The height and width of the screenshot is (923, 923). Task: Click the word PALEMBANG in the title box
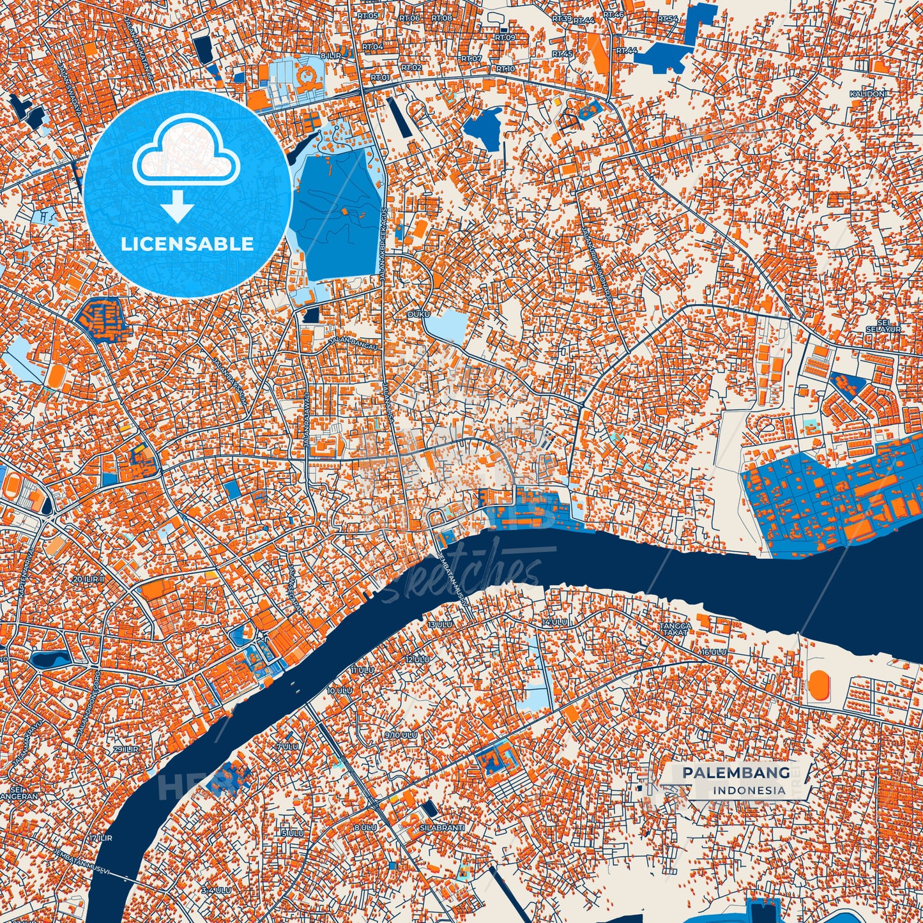(x=735, y=773)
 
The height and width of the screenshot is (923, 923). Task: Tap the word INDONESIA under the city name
(x=749, y=790)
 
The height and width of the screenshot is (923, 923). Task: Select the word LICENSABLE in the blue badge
(x=187, y=244)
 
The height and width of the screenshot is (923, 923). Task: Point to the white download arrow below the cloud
(x=178, y=206)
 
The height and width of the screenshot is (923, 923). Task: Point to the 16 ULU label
(x=713, y=652)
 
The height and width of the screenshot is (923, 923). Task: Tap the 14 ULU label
(x=554, y=622)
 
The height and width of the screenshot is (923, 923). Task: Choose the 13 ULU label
(x=440, y=624)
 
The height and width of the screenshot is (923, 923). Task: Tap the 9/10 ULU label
(x=400, y=735)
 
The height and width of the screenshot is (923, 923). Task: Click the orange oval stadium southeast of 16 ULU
(x=818, y=684)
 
